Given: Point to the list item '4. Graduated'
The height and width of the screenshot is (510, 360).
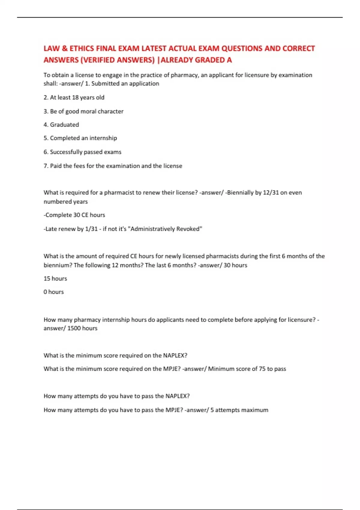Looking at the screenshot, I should (61, 125).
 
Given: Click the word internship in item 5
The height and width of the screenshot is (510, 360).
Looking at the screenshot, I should (103, 138).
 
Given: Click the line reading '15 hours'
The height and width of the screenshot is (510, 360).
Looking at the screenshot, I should (55, 279).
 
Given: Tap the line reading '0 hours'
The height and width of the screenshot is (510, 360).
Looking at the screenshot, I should (54, 292).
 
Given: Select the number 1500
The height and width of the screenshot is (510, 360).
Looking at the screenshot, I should (74, 328).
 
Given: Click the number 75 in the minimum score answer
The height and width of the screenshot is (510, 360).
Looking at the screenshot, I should (262, 369).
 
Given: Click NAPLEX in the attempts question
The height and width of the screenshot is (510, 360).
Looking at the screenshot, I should (177, 396).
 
